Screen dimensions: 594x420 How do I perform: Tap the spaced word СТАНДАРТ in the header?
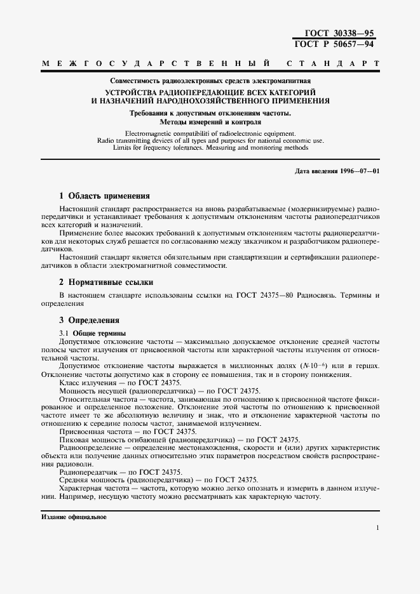[333, 65]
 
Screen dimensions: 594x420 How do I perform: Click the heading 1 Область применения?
[104, 196]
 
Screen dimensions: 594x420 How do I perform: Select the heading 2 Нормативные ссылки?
[105, 282]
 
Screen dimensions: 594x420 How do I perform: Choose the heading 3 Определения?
[89, 320]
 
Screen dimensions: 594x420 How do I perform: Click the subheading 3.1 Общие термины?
[92, 333]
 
